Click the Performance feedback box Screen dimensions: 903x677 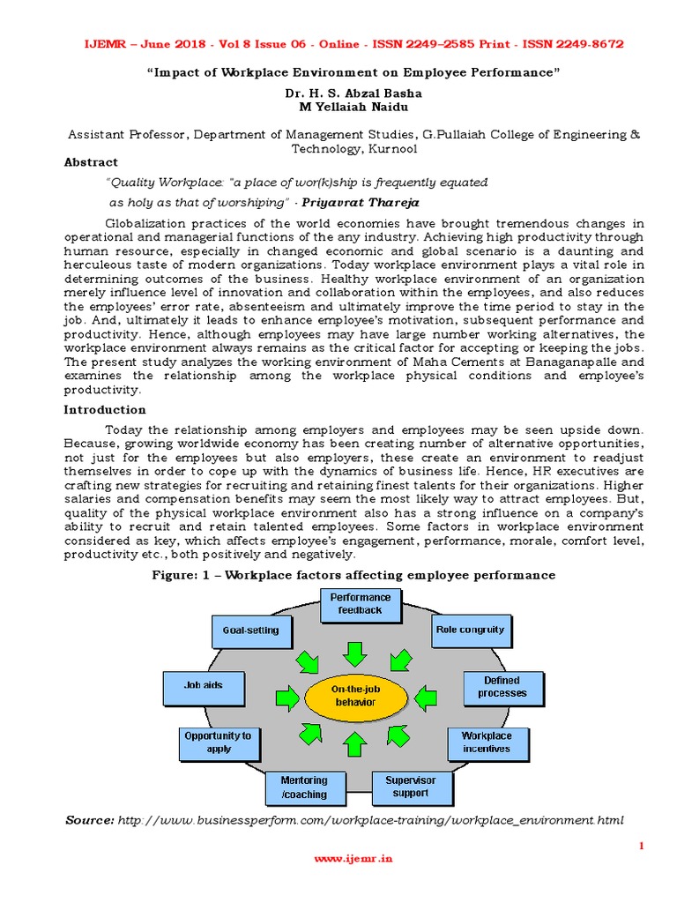pyautogui.click(x=360, y=604)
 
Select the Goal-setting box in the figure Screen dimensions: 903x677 pyautogui.click(x=250, y=631)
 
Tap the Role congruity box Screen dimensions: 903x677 pyautogui.click(x=470, y=630)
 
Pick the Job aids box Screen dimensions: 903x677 pyautogui.click(x=203, y=685)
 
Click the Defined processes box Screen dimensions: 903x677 pyautogui.click(x=502, y=687)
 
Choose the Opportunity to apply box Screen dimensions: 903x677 pyautogui.click(x=218, y=743)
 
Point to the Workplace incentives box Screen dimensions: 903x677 pyautogui.click(x=486, y=743)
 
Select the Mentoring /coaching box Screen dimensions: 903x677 pyautogui.click(x=303, y=787)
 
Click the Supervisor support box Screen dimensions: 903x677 pyautogui.click(x=411, y=787)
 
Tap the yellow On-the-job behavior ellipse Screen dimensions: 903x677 pyautogui.click(x=354, y=696)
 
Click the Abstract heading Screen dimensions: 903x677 pyautogui.click(x=91, y=162)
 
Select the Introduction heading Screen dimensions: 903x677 pyautogui.click(x=105, y=410)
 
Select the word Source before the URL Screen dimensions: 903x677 pyautogui.click(x=89, y=821)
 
